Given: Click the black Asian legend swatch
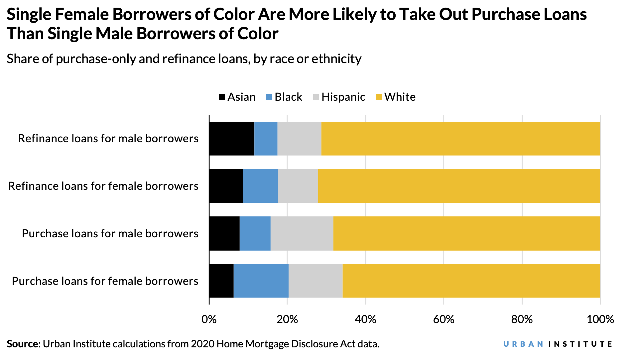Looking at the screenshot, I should [x=222, y=97].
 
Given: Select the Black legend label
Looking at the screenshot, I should [x=288, y=97].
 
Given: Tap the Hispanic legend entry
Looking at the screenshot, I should [x=343, y=97].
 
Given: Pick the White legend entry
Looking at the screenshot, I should [x=400, y=97].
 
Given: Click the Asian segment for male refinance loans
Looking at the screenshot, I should [x=232, y=139].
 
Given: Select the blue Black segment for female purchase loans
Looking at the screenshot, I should [x=261, y=281].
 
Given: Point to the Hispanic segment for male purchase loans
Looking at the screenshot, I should [x=302, y=233].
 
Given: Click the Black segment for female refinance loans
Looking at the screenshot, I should [x=260, y=186].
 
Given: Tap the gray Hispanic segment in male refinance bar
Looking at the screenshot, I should [x=299, y=139].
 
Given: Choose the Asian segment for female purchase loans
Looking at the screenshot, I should [x=221, y=281].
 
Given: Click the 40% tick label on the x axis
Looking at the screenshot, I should [x=365, y=319].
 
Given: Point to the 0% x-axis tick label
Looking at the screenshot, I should [x=209, y=319].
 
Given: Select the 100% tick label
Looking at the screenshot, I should [x=600, y=319].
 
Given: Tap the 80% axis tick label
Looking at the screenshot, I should [x=522, y=319].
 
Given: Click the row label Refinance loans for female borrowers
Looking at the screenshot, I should [x=103, y=186].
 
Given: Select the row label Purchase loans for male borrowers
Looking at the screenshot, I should [x=110, y=233].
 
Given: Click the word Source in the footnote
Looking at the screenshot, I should [x=22, y=344].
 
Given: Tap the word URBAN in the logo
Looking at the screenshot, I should [x=523, y=344].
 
